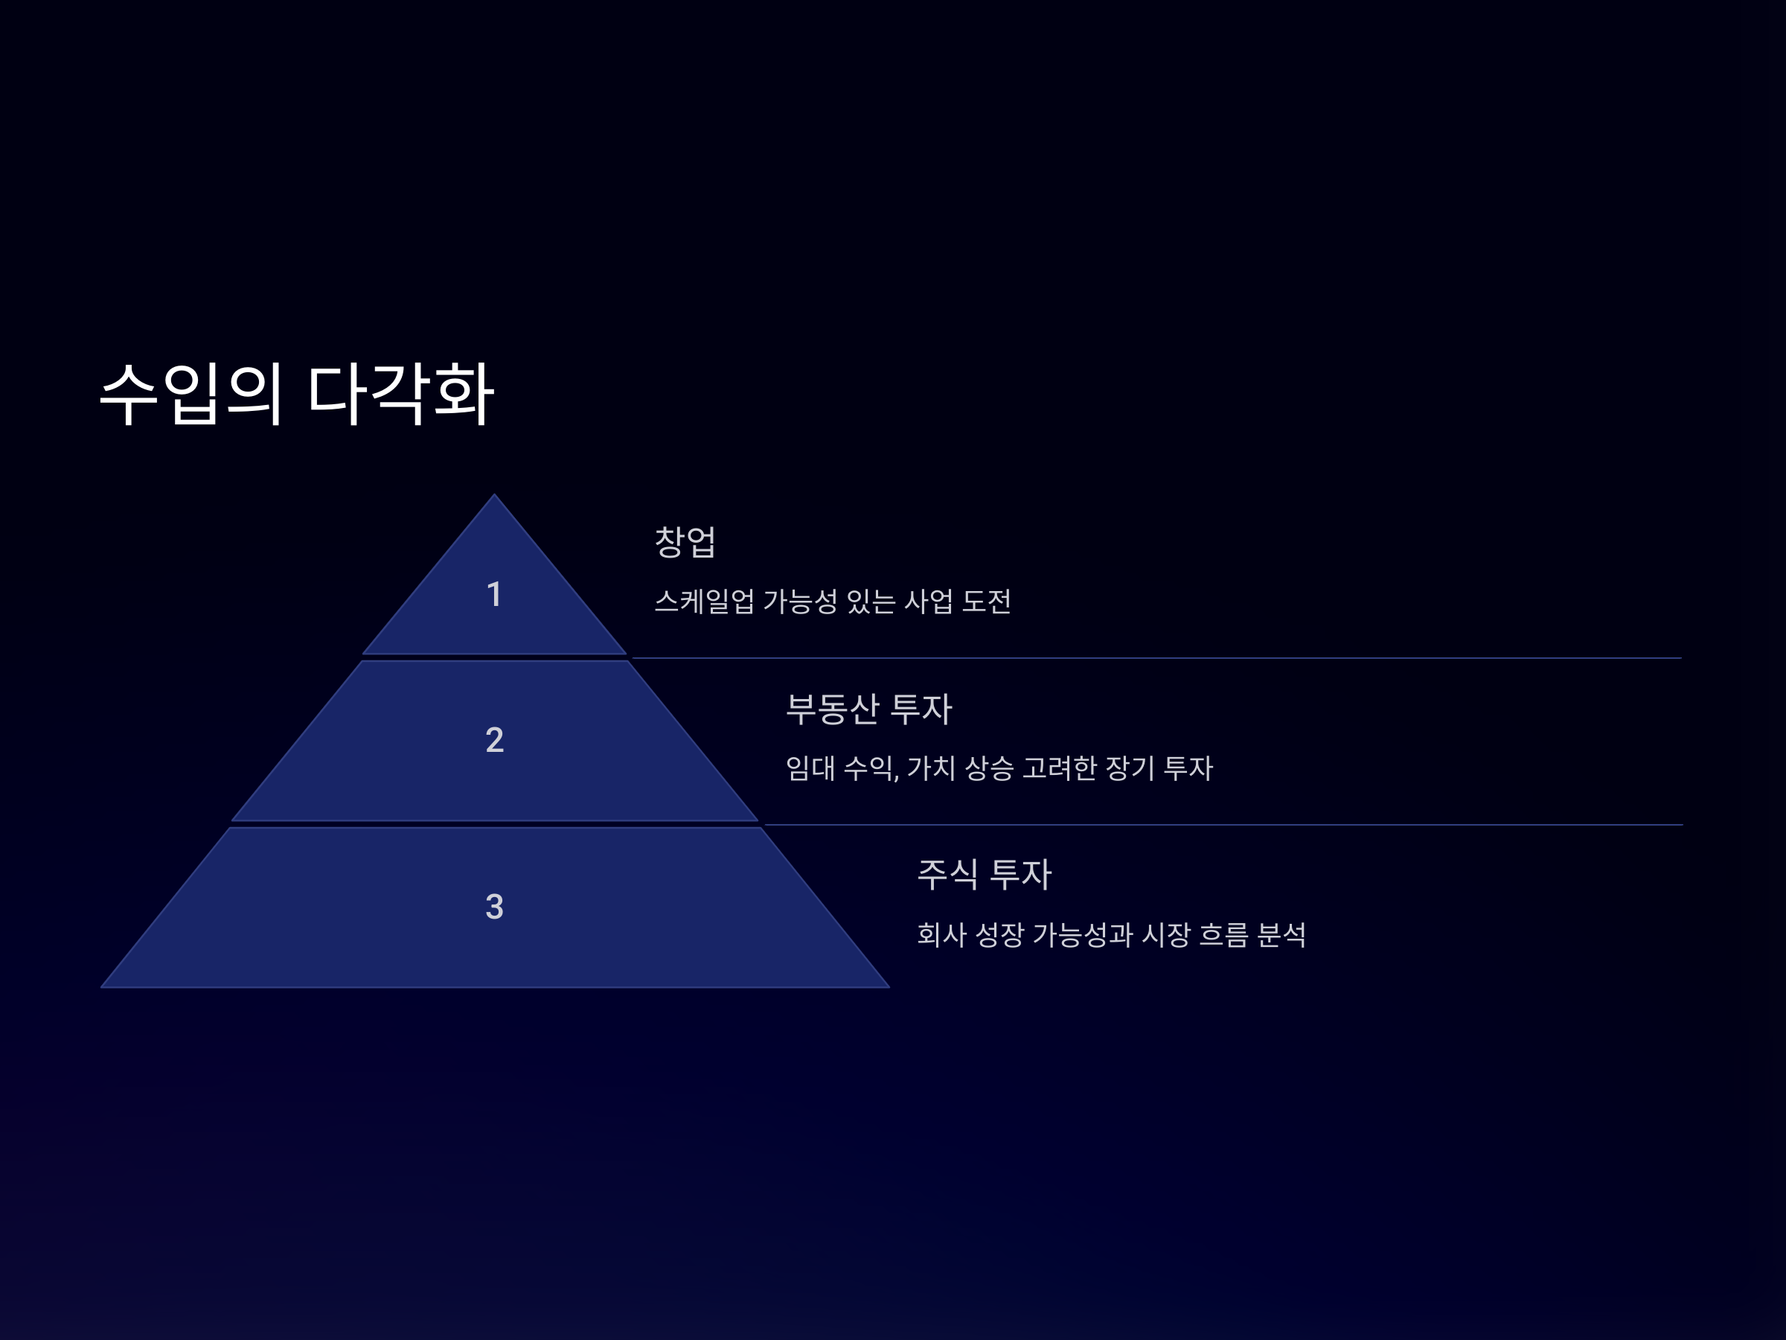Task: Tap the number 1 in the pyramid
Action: point(494,595)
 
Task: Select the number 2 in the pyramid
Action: point(494,740)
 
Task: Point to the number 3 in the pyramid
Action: point(494,906)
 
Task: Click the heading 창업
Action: point(685,542)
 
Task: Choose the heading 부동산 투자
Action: point(868,709)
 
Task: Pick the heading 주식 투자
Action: point(985,875)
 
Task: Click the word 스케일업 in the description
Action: point(704,602)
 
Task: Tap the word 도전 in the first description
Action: point(987,602)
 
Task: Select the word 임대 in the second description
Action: point(810,768)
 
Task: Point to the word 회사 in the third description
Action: point(941,934)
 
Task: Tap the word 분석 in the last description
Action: point(1281,934)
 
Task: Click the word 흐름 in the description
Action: point(1223,934)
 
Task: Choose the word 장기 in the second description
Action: point(1130,768)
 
